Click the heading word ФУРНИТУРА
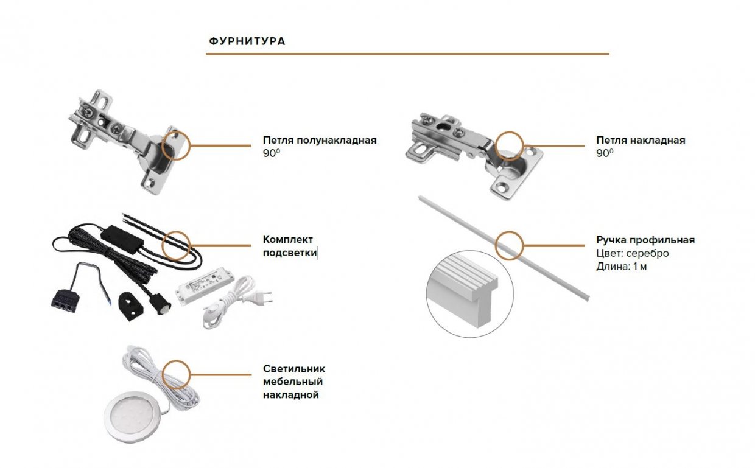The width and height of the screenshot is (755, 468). (247, 41)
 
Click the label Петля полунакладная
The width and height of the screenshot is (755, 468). (320, 141)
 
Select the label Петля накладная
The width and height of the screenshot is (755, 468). (641, 141)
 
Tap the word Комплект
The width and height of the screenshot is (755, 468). (288, 240)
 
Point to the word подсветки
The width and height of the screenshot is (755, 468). (290, 253)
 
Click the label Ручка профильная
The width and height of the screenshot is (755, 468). (645, 240)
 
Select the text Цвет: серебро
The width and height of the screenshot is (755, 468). (633, 253)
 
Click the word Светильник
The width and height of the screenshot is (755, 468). (294, 369)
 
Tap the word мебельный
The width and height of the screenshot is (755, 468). (293, 382)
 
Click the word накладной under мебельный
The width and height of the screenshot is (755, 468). (291, 396)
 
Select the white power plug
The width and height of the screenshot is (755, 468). (262, 298)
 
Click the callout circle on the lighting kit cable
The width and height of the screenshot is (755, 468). (177, 245)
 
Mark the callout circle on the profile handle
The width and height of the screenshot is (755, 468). (509, 245)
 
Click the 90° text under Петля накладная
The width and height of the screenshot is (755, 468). (605, 154)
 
